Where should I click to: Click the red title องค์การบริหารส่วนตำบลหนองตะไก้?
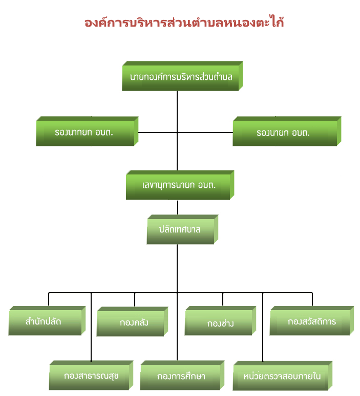[184, 21]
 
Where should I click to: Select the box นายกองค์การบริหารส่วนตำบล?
[182, 76]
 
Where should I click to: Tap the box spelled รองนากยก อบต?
[87, 131]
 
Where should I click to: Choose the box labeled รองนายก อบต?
[287, 131]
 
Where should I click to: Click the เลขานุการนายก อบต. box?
[180, 185]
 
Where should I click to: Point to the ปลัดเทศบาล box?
[182, 230]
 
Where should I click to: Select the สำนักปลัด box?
[47, 321]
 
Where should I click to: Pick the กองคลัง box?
[132, 322]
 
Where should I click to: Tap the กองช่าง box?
[220, 321]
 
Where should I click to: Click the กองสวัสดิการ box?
[312, 321]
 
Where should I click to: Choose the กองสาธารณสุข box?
[91, 376]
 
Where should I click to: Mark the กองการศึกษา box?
[182, 376]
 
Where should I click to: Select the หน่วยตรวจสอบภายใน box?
[282, 376]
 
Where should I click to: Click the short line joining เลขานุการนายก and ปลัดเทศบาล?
[178, 207]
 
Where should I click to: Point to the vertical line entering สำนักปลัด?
[49, 299]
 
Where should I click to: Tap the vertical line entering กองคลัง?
[135, 300]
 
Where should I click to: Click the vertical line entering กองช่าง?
[223, 299]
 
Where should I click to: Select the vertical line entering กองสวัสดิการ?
[312, 299]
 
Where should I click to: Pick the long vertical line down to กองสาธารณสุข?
[91, 327]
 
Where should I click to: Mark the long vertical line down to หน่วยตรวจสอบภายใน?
[263, 327]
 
